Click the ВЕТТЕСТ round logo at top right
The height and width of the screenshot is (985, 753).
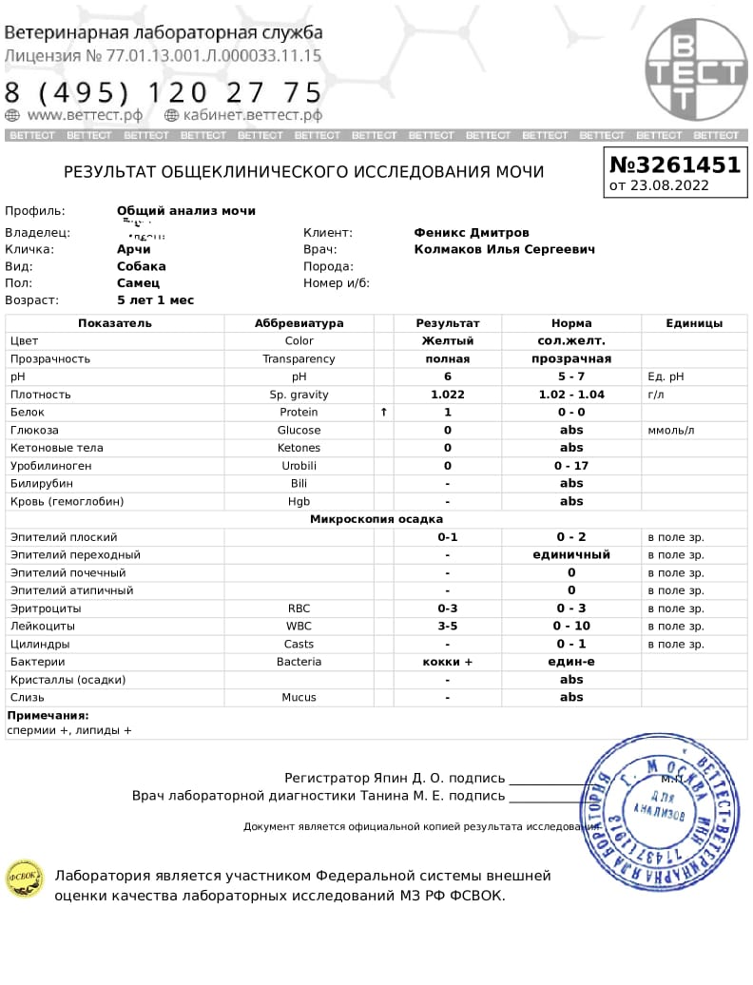click(x=695, y=70)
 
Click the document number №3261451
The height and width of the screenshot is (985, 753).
click(x=674, y=164)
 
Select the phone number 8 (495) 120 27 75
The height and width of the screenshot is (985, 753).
click(x=164, y=92)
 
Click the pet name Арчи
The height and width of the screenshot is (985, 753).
click(x=133, y=249)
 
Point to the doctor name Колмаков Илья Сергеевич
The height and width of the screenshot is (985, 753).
click(x=504, y=249)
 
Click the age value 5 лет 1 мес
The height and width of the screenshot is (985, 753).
click(x=155, y=300)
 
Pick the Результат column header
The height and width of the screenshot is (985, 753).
click(x=448, y=323)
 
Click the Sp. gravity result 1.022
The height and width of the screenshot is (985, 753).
click(x=448, y=395)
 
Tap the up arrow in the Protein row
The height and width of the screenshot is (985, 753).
click(x=384, y=413)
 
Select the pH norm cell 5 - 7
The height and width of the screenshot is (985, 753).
click(x=571, y=377)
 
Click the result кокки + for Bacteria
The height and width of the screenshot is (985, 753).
click(x=448, y=662)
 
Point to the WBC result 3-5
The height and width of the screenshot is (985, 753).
click(x=448, y=627)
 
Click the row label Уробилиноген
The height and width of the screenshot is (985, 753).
click(x=50, y=466)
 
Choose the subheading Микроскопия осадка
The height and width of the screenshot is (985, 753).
click(x=376, y=519)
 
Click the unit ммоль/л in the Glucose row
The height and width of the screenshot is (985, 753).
click(x=671, y=431)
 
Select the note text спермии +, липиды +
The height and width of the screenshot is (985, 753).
click(x=69, y=730)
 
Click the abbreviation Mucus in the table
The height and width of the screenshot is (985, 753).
click(x=299, y=697)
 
